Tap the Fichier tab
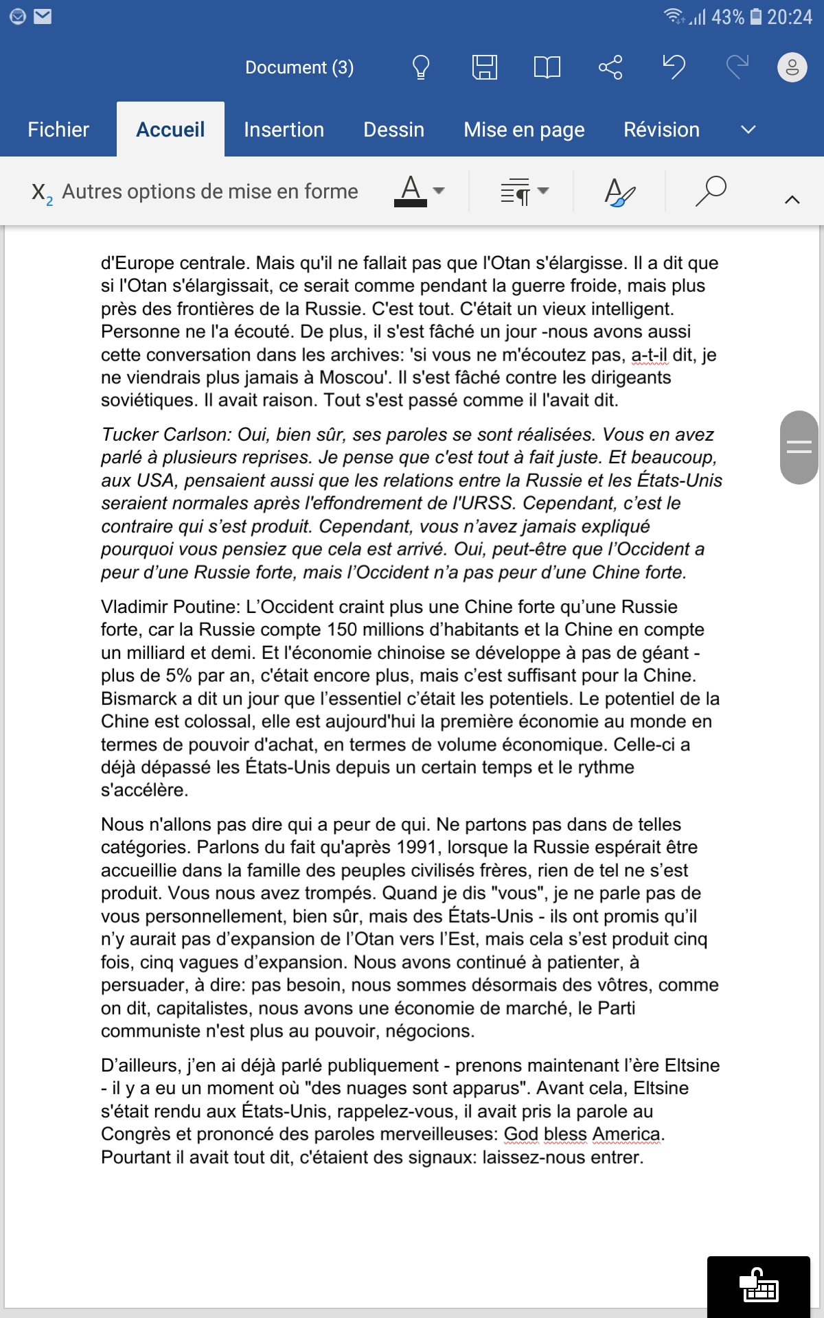(58, 130)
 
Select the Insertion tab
(284, 130)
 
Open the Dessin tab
(393, 130)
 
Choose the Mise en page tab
(524, 130)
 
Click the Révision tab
(661, 130)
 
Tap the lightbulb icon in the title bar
(420, 67)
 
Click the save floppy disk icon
(484, 67)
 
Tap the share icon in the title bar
(610, 67)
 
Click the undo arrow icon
(674, 67)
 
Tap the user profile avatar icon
(792, 67)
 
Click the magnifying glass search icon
(711, 191)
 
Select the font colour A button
(411, 191)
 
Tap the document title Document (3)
(299, 67)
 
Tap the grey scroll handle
(799, 448)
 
